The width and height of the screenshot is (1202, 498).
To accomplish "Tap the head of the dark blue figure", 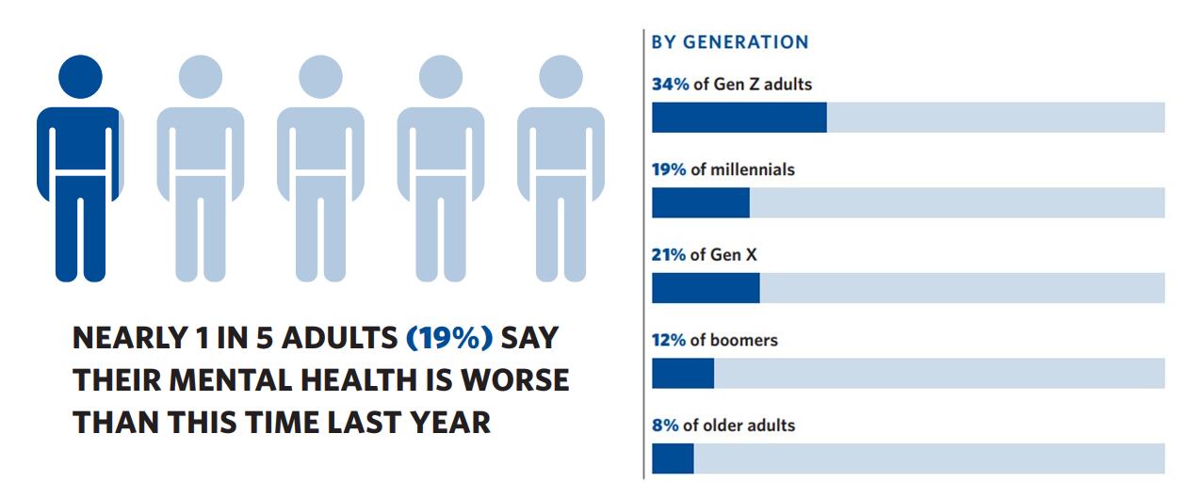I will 80,76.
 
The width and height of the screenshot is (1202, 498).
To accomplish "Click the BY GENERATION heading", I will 729,42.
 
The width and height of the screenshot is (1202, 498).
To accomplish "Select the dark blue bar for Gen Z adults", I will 739,117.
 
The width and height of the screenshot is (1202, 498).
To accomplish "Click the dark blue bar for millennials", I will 700,202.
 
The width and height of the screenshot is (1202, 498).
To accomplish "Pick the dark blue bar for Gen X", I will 705,288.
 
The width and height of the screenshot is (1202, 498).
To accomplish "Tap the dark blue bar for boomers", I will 682,373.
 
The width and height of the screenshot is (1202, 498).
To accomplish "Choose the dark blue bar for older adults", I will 672,458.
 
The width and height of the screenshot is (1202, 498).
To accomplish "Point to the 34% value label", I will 670,84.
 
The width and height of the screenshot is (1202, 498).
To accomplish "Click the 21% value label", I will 669,254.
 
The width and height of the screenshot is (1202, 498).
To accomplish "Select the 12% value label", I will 669,340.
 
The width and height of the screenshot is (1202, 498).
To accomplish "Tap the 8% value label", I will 665,426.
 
